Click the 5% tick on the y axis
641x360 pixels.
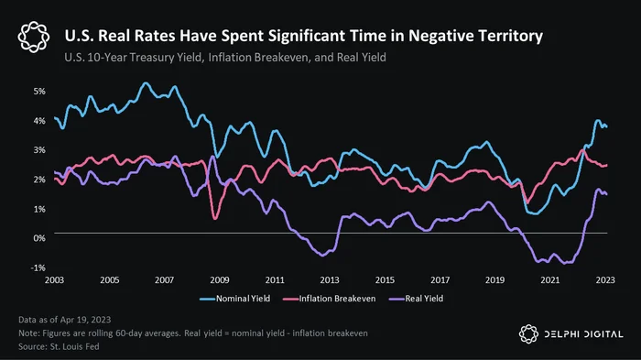pyautogui.click(x=39, y=92)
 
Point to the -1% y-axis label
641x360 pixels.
pyautogui.click(x=38, y=268)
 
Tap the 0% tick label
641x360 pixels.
pyautogui.click(x=39, y=238)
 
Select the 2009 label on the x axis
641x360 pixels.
pyautogui.click(x=220, y=280)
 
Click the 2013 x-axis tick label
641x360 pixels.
pyautogui.click(x=330, y=280)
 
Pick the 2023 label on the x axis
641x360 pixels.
pyautogui.click(x=605, y=280)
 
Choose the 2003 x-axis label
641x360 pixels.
pyautogui.click(x=54, y=280)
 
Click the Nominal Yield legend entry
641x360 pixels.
pyautogui.click(x=235, y=299)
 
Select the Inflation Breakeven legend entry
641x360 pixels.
pyautogui.click(x=329, y=299)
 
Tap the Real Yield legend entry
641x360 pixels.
pyautogui.click(x=416, y=299)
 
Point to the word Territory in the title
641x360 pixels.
pyautogui.click(x=511, y=36)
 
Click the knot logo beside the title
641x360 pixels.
pyautogui.click(x=34, y=37)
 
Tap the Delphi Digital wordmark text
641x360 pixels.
pyautogui.click(x=584, y=334)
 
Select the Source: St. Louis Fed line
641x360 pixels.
pyautogui.click(x=59, y=347)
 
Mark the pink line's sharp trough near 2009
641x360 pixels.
pyautogui.click(x=215, y=219)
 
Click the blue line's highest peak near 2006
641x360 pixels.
pyautogui.click(x=146, y=83)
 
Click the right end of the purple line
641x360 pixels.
pyautogui.click(x=606, y=194)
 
